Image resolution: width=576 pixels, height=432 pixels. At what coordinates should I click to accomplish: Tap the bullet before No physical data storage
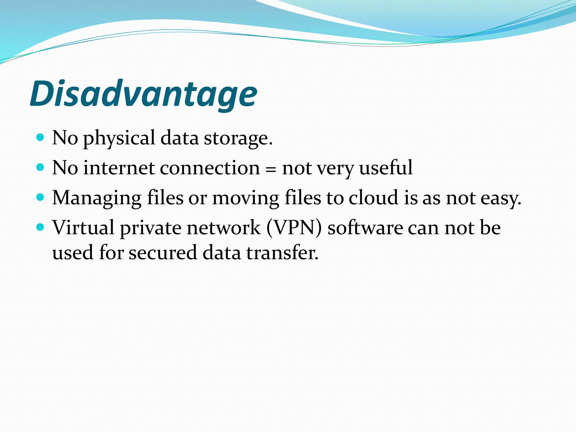pyautogui.click(x=40, y=137)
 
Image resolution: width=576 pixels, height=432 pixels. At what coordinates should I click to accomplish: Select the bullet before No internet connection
pyautogui.click(x=40, y=167)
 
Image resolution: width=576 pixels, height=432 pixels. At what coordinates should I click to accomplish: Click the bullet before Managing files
pyautogui.click(x=40, y=197)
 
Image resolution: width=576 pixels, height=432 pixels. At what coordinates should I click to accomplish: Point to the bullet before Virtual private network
pyautogui.click(x=40, y=227)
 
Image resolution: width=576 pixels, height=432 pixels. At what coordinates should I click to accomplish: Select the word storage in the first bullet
pyautogui.click(x=238, y=139)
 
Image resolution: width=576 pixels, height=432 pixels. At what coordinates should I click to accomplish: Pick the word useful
pyautogui.click(x=386, y=168)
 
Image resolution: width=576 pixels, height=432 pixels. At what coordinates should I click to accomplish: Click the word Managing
pyautogui.click(x=97, y=198)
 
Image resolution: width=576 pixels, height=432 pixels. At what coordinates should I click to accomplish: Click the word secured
pyautogui.click(x=163, y=252)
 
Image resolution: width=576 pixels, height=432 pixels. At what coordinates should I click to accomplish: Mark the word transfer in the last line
pyautogui.click(x=282, y=252)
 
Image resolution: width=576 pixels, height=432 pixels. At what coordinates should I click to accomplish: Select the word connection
pyautogui.click(x=210, y=168)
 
